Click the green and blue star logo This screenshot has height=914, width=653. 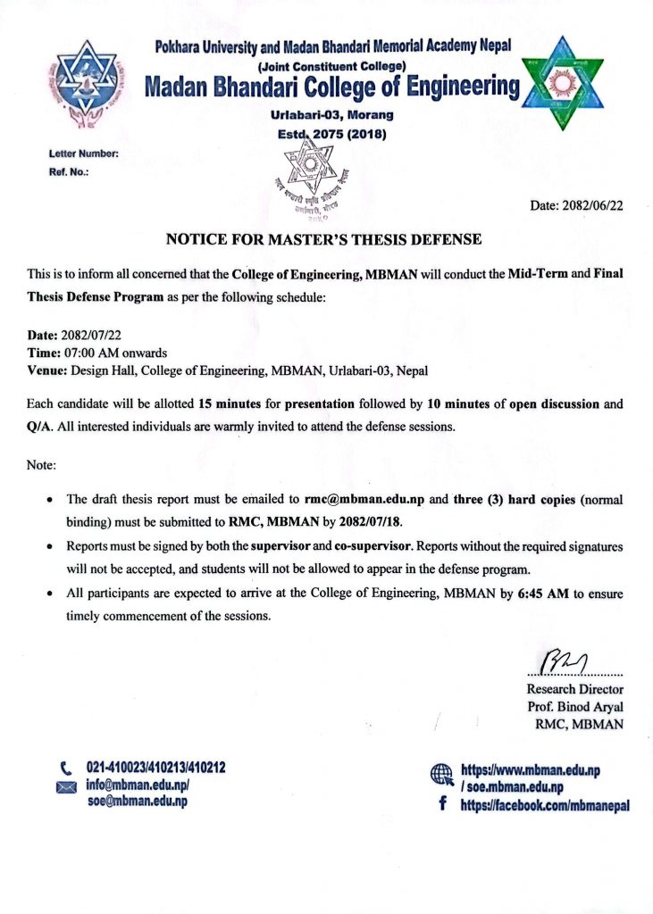(561, 84)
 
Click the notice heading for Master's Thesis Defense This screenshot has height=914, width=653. (324, 239)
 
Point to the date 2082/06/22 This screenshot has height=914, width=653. (577, 205)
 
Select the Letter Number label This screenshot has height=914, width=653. (83, 154)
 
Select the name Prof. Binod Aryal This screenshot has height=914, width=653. (576, 707)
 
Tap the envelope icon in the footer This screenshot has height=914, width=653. (66, 786)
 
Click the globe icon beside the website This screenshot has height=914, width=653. (442, 775)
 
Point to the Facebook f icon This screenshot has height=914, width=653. (442, 804)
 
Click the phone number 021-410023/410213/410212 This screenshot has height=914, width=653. (155, 767)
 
